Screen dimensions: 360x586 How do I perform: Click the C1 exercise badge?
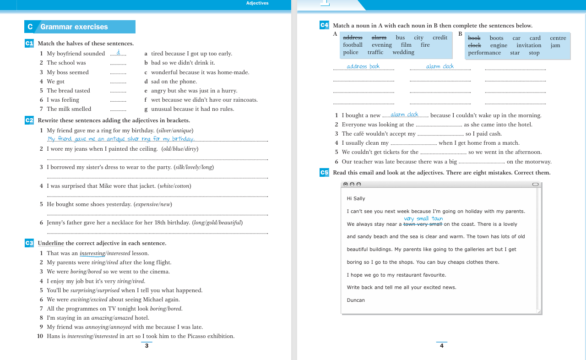point(29,44)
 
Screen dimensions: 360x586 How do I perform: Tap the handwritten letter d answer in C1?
point(118,53)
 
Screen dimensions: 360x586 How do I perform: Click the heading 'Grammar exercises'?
point(74,27)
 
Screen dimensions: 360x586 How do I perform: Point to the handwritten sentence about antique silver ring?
point(121,139)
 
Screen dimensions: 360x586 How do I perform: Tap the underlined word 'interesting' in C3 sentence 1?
point(92,253)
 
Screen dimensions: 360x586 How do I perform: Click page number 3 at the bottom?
point(146,346)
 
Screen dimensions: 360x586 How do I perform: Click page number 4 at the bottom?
point(442,346)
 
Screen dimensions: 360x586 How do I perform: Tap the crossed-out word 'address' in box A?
point(353,38)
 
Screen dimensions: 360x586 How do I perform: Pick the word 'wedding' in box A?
point(403,52)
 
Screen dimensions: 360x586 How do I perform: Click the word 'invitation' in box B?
point(529,45)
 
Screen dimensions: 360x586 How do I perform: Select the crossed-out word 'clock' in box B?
point(474,45)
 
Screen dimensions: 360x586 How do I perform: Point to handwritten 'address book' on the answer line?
point(363,66)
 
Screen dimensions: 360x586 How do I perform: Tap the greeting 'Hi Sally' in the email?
point(356,199)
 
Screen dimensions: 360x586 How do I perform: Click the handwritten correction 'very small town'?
point(423,218)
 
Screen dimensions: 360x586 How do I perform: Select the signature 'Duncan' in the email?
point(356,300)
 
